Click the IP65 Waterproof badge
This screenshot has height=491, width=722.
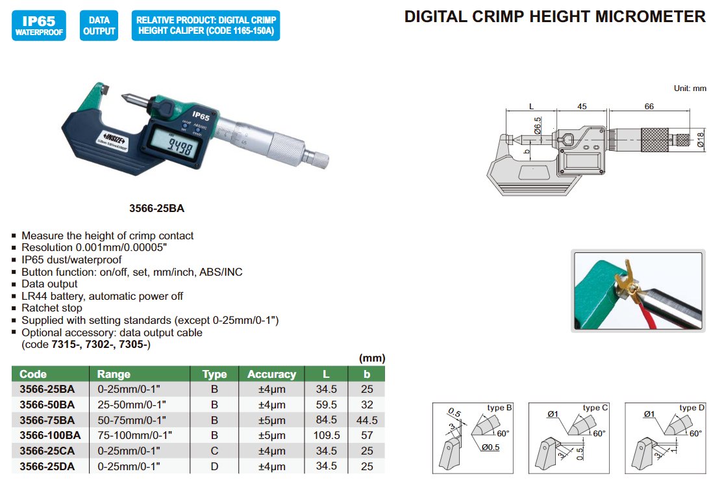coord(39,25)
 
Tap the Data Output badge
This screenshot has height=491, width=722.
coord(99,25)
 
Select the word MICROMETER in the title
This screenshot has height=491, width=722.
coord(650,17)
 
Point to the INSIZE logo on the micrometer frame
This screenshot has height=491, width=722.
coord(113,138)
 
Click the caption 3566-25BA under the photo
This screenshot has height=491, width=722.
coord(156,208)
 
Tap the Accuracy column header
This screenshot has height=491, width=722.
coord(271,374)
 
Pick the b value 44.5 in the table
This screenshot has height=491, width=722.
coord(367,420)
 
